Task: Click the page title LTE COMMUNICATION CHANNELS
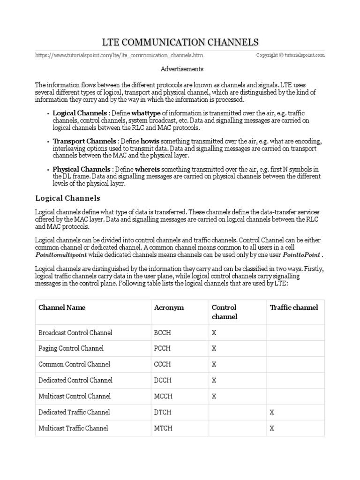pyautogui.click(x=180, y=43)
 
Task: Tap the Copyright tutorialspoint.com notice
pyautogui.click(x=290, y=55)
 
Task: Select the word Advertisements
pyautogui.click(x=182, y=69)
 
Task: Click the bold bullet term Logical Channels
pyautogui.click(x=79, y=113)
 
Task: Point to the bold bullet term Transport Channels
pyautogui.click(x=84, y=141)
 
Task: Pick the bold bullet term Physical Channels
pyautogui.click(x=81, y=169)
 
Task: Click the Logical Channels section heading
pyautogui.click(x=67, y=198)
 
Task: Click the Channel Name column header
pyautogui.click(x=62, y=307)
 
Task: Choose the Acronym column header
pyautogui.click(x=169, y=307)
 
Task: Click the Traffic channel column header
pyautogui.click(x=294, y=307)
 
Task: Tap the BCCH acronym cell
pyautogui.click(x=163, y=333)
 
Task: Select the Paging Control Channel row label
pyautogui.click(x=71, y=349)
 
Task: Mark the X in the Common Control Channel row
pyautogui.click(x=214, y=365)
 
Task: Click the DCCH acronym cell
pyautogui.click(x=163, y=381)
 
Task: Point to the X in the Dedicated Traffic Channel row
pyautogui.click(x=272, y=412)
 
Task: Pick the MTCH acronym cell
pyautogui.click(x=163, y=428)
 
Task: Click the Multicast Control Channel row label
pyautogui.click(x=74, y=397)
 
